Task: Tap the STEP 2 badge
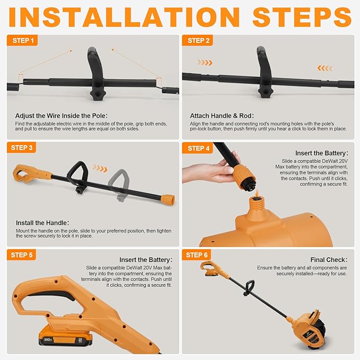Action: point(198,41)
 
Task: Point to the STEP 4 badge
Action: point(198,148)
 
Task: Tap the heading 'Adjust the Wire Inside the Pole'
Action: point(62,116)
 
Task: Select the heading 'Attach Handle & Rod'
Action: point(222,116)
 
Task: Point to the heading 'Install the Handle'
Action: point(42,223)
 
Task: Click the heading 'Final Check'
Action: point(329,260)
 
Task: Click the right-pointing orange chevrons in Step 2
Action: point(205,63)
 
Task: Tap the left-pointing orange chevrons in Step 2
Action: point(325,68)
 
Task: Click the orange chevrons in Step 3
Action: point(100,169)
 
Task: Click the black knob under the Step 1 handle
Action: point(96,93)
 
